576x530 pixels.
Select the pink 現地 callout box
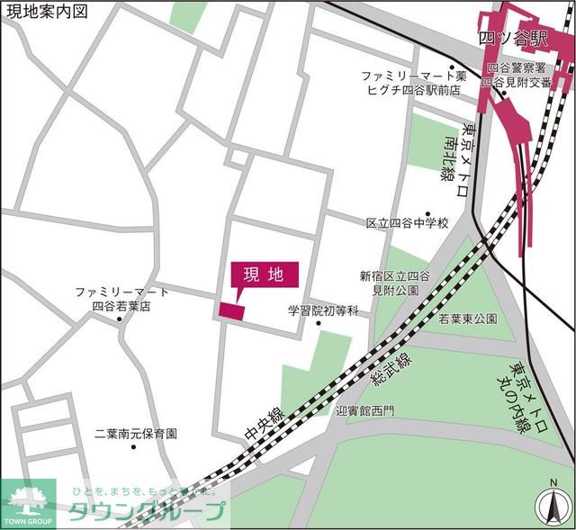click(x=264, y=275)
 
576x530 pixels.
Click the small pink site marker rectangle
click(x=231, y=310)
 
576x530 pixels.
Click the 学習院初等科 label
click(x=323, y=310)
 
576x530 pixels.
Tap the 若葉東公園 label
click(x=468, y=319)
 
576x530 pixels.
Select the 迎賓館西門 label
click(x=364, y=410)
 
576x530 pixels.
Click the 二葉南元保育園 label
click(x=136, y=433)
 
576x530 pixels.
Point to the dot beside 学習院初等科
click(x=319, y=324)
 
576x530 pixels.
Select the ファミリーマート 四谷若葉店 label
click(x=121, y=299)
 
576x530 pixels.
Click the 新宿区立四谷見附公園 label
click(x=395, y=283)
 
